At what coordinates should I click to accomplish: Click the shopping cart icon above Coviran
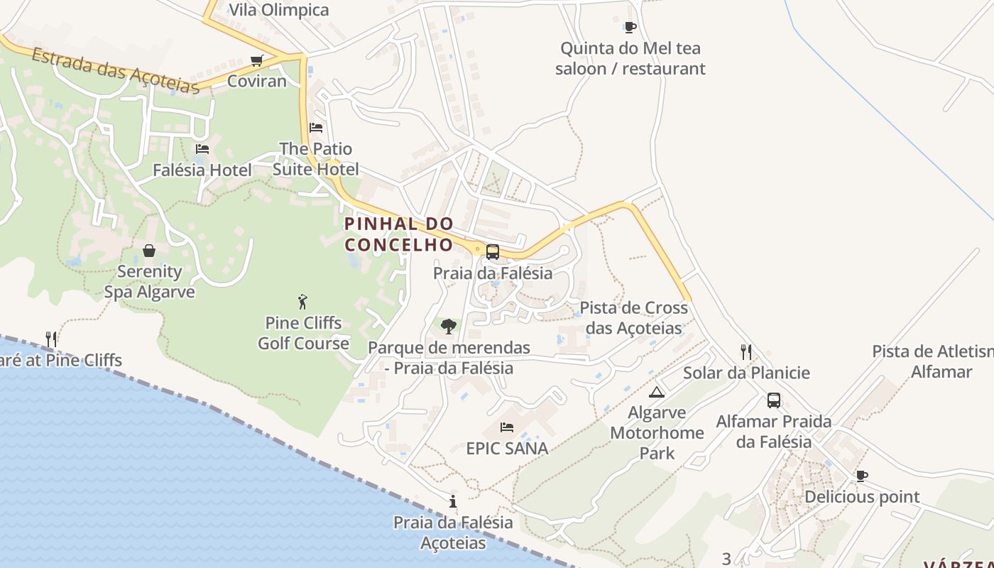click(257, 61)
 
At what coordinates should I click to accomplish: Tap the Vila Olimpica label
click(279, 10)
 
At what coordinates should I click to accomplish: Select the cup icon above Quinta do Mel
click(630, 28)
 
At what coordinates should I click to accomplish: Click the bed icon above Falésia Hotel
click(202, 149)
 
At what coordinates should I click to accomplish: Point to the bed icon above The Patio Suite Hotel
click(316, 128)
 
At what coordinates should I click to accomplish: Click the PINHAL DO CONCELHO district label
click(398, 234)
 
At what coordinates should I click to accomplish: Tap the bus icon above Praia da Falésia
click(492, 252)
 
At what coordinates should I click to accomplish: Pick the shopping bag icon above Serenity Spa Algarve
click(149, 251)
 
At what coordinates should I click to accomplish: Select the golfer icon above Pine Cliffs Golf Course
click(303, 302)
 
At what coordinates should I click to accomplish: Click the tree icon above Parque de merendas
click(448, 327)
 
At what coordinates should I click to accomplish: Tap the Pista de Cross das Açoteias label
click(634, 318)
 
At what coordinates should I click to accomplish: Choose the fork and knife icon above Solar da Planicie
click(746, 351)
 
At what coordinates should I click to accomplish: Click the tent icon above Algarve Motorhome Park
click(657, 392)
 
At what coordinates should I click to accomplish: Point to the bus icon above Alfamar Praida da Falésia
click(774, 400)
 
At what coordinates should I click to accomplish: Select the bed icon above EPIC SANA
click(507, 427)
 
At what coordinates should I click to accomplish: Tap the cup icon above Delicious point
click(861, 476)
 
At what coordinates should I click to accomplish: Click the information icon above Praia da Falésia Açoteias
click(453, 502)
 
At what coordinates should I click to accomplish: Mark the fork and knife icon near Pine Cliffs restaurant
click(51, 339)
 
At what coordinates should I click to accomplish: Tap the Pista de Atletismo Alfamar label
click(932, 361)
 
